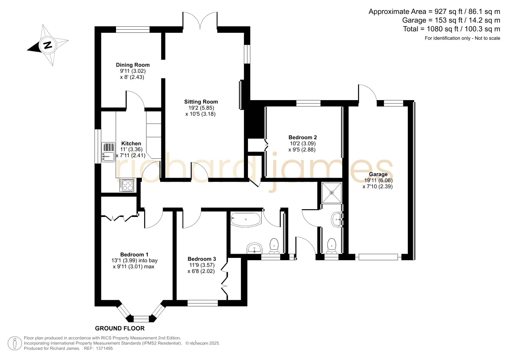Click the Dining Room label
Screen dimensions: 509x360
pyautogui.click(x=133, y=65)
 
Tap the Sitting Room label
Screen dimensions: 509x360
pyautogui.click(x=201, y=102)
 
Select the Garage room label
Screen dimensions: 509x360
pyautogui.click(x=378, y=174)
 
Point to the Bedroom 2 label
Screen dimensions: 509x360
pyautogui.click(x=302, y=138)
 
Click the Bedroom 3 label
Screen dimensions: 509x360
pyautogui.click(x=202, y=259)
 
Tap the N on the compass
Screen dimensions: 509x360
pyautogui.click(x=48, y=45)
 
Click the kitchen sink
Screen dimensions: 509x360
pyautogui.click(x=108, y=152)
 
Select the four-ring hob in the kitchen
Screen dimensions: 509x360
pyautogui.click(x=127, y=185)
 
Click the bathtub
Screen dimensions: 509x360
pyautogui.click(x=246, y=219)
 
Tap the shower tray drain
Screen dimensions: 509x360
pyautogui.click(x=332, y=193)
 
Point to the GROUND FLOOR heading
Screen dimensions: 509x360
pyautogui.click(x=120, y=328)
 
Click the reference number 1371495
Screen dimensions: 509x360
pyautogui.click(x=104, y=348)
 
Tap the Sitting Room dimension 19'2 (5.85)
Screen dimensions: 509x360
pyautogui.click(x=201, y=108)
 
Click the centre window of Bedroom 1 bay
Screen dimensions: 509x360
pyautogui.click(x=141, y=319)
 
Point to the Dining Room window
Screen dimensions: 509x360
pyautogui.click(x=133, y=29)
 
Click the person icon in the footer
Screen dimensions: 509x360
pyautogui.click(x=15, y=343)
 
